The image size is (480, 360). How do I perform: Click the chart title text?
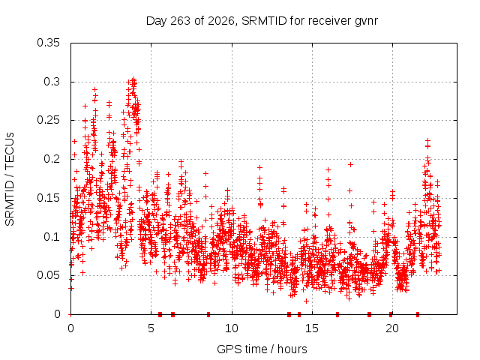tap(262, 21)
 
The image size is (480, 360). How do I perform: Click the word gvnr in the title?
tap(367, 22)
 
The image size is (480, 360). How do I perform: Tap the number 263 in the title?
tap(180, 21)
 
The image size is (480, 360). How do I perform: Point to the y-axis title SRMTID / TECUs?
tap(10, 179)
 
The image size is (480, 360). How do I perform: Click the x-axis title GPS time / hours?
tap(262, 349)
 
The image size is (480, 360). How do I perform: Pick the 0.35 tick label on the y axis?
tap(48, 43)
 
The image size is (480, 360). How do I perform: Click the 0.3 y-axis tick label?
tap(52, 82)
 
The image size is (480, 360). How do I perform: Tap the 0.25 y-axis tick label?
tap(48, 120)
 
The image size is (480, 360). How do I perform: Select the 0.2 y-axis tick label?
tap(52, 159)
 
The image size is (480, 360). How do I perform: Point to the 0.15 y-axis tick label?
tap(48, 198)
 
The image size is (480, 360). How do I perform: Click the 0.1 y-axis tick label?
tap(52, 237)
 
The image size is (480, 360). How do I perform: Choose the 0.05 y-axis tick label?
tap(48, 275)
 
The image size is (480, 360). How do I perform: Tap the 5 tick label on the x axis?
tap(151, 328)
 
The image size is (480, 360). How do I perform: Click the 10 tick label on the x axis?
tap(232, 328)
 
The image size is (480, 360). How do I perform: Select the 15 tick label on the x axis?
tap(312, 328)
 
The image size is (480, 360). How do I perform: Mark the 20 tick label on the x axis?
tap(392, 328)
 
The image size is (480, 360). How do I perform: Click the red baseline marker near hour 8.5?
tap(208, 314)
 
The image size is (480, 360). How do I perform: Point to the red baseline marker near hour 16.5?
tap(337, 314)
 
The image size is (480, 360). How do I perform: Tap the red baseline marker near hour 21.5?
tap(418, 314)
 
